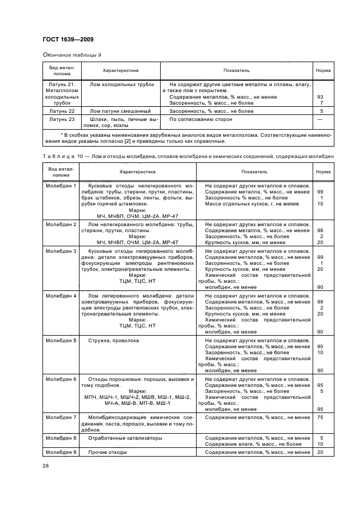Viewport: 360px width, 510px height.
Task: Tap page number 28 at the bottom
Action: pyautogui.click(x=45, y=465)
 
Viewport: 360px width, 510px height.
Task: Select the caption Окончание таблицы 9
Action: pyautogui.click(x=71, y=55)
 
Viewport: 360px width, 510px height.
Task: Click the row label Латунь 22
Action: pyautogui.click(x=61, y=111)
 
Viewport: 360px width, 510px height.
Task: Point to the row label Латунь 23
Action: pyautogui.click(x=61, y=119)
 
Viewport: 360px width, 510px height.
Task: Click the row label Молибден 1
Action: pyautogui.click(x=61, y=186)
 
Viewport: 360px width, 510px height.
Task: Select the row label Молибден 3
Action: pyautogui.click(x=61, y=251)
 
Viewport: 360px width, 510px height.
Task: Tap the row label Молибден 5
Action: pyautogui.click(x=61, y=341)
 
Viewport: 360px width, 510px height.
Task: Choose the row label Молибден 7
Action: pyautogui.click(x=61, y=417)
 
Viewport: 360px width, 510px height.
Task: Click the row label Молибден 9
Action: pyautogui.click(x=61, y=452)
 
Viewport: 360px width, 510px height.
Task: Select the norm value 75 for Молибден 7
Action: pyautogui.click(x=320, y=417)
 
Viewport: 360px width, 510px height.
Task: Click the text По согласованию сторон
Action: pyautogui.click(x=200, y=119)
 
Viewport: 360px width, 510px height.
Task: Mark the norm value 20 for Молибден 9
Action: pyautogui.click(x=320, y=452)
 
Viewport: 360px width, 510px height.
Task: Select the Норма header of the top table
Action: pyautogui.click(x=323, y=70)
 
